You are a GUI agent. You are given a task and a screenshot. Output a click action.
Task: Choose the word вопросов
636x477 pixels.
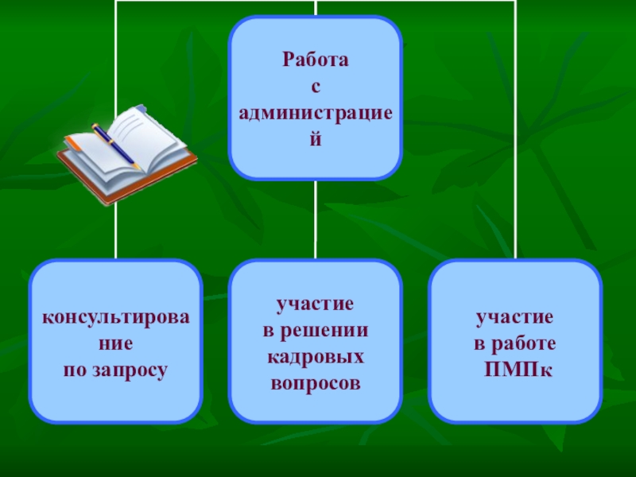316,382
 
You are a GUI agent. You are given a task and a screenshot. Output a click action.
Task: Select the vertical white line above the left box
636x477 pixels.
116,231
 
